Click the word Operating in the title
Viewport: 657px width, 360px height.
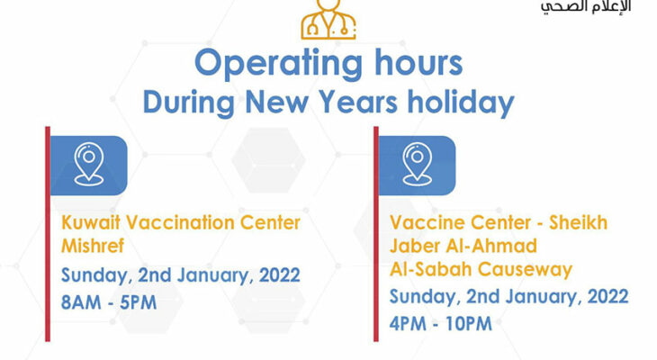click(278, 64)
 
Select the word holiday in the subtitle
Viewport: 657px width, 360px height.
click(461, 103)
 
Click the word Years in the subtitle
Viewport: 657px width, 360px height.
click(357, 102)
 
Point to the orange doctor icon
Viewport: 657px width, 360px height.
click(328, 20)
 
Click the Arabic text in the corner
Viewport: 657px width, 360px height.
click(586, 7)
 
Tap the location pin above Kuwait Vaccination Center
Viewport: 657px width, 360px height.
click(89, 164)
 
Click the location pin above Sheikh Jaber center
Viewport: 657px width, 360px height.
click(417, 164)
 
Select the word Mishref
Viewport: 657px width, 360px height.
click(93, 245)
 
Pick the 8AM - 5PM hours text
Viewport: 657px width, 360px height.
click(109, 302)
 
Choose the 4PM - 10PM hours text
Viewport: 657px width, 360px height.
click(441, 323)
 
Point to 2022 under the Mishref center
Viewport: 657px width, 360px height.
click(280, 275)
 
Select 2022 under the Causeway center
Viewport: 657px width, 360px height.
click(608, 297)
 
